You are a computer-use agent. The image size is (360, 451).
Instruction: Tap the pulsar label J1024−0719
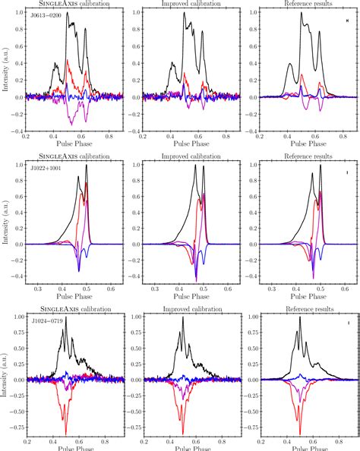[x=46, y=321]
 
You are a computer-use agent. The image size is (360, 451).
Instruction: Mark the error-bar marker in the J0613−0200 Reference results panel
[x=346, y=32]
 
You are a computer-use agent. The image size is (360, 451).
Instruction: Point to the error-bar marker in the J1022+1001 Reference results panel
[x=346, y=173]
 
